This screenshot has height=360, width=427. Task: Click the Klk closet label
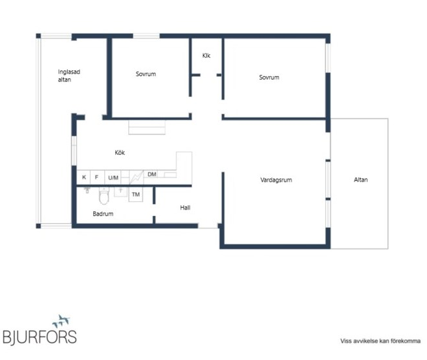(206, 55)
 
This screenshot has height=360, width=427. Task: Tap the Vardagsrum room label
(276, 180)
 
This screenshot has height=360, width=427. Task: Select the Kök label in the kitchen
(120, 152)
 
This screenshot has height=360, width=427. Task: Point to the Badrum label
(103, 214)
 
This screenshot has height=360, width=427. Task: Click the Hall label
(185, 208)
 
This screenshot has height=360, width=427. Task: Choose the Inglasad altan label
(69, 76)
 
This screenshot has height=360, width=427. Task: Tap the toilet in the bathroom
(103, 195)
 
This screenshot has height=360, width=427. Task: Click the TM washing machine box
(135, 194)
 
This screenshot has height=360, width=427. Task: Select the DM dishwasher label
(152, 174)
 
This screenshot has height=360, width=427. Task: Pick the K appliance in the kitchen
(83, 177)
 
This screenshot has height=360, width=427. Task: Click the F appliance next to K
(97, 177)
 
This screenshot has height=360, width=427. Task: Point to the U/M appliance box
(113, 178)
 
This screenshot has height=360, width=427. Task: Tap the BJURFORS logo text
(40, 337)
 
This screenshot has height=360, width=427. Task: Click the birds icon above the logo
(61, 321)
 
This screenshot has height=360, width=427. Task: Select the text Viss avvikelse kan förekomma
(380, 341)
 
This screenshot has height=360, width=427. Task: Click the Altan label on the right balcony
(361, 180)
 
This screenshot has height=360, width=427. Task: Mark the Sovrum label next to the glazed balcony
(146, 74)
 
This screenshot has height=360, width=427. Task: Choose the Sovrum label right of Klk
(269, 77)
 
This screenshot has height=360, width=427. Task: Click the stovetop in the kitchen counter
(136, 178)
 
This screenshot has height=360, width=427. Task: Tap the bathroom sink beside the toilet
(120, 191)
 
